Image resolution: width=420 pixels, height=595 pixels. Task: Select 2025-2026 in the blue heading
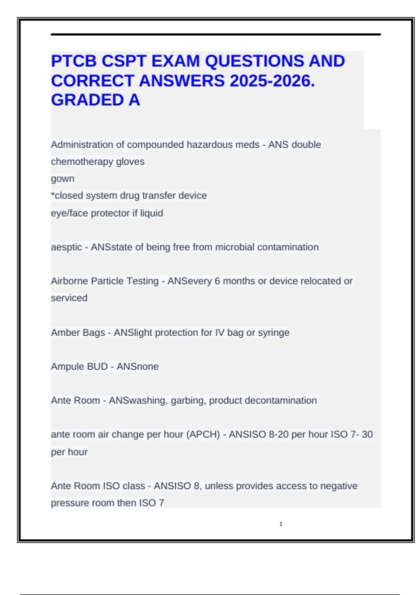272,81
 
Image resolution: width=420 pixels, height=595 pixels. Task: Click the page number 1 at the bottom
281,524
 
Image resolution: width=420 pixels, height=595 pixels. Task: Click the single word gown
63,179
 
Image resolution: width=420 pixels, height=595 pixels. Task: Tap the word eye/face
69,213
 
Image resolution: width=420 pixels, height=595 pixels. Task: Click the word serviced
69,298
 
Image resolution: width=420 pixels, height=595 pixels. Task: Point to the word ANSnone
137,366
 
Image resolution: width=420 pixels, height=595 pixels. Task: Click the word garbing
188,401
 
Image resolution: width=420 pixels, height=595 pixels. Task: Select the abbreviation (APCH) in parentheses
203,434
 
